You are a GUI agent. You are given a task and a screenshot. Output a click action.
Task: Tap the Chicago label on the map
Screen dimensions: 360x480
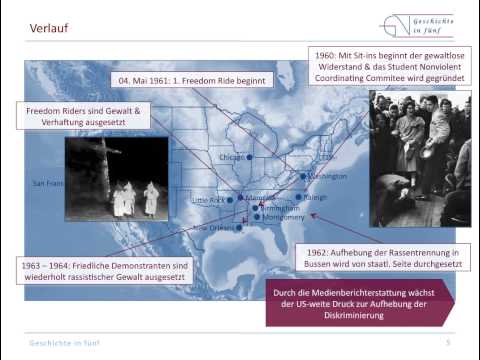point(232,157)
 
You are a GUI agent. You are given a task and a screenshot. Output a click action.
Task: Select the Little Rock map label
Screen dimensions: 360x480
point(208,200)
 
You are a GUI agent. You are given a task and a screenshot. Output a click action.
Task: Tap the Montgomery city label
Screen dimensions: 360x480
point(283,217)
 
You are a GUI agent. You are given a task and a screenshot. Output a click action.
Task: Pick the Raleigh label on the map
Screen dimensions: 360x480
point(316,197)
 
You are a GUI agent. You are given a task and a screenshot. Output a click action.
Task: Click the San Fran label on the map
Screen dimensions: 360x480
point(48,183)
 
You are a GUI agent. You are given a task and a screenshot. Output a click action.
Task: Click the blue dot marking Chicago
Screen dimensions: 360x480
point(249,158)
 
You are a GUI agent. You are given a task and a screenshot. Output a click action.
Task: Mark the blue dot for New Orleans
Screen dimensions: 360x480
point(239,228)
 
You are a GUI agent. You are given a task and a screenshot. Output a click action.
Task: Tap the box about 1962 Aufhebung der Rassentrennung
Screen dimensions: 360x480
point(398,259)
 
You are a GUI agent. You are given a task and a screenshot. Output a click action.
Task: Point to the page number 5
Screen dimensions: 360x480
point(448,343)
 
